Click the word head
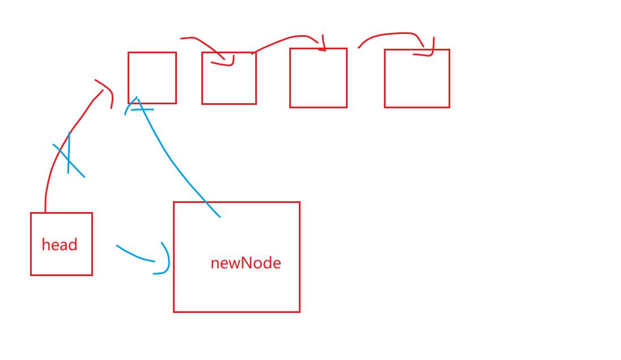(x=60, y=245)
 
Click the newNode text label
(x=246, y=263)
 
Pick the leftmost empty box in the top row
(x=152, y=78)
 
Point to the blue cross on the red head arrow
(x=69, y=157)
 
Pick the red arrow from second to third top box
(x=284, y=41)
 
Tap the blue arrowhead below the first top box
(x=137, y=105)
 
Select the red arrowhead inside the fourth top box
(x=428, y=51)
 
